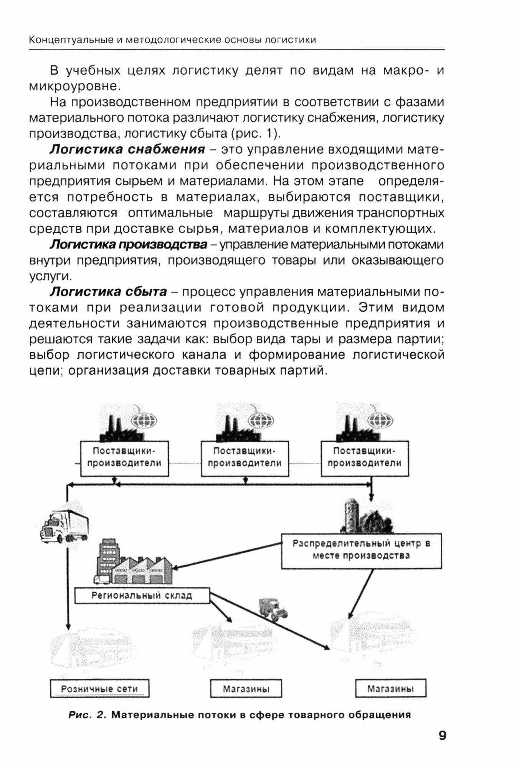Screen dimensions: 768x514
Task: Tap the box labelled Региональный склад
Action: coord(142,596)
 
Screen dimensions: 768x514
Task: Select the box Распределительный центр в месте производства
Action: coord(361,550)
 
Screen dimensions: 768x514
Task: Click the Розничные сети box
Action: coord(100,689)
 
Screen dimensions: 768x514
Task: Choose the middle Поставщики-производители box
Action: coord(245,458)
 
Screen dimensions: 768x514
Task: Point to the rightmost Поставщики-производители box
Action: coord(364,458)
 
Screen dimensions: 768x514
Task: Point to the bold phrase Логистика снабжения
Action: coord(127,149)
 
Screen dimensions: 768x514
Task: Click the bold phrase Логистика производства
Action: coord(129,244)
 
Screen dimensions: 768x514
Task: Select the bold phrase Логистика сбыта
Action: coord(108,292)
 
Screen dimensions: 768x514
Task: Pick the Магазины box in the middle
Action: coord(246,689)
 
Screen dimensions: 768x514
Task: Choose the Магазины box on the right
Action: coord(390,689)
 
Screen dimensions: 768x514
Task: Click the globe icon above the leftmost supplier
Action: coord(144,421)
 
